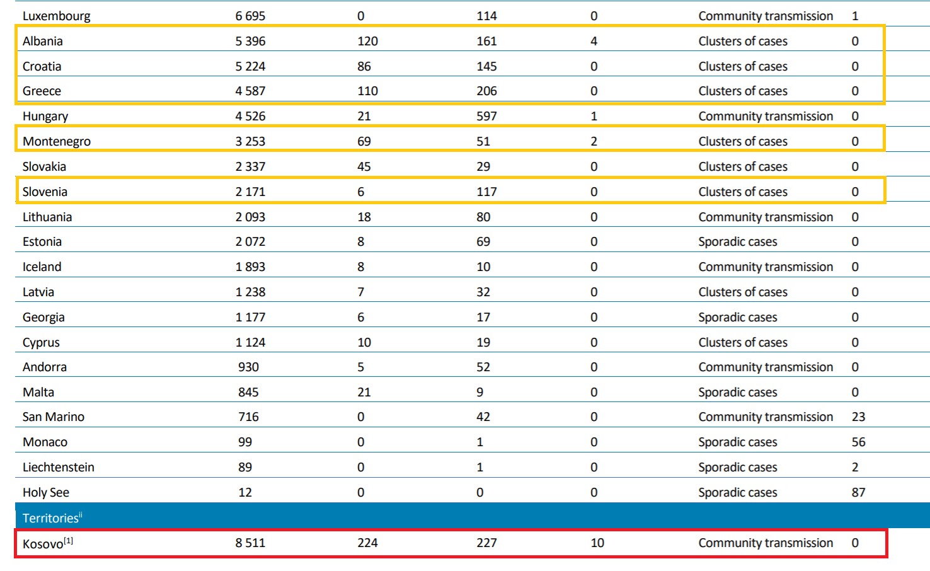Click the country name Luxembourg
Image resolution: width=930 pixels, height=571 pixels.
coord(56,16)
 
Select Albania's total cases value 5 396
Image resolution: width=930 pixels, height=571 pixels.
coord(250,42)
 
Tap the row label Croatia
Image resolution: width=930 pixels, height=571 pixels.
coord(42,67)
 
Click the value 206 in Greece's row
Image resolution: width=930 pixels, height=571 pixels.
coord(486,91)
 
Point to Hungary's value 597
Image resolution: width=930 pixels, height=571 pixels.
coord(486,117)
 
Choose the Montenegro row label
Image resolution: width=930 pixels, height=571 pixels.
coord(57,142)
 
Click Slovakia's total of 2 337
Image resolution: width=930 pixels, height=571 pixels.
coord(250,167)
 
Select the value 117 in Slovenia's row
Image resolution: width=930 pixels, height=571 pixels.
coord(486,192)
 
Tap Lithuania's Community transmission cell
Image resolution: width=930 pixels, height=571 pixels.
coord(766,217)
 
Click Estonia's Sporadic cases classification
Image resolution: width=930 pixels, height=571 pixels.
coord(738,242)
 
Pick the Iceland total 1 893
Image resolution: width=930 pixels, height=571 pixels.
coord(250,267)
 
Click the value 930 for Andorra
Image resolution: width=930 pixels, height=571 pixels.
coord(248,367)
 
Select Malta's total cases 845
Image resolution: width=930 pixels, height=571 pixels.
coord(248,393)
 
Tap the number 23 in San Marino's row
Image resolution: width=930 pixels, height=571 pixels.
coord(858,417)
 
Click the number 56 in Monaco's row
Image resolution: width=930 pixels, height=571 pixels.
coord(858,442)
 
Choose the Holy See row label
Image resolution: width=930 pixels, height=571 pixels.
coord(46,493)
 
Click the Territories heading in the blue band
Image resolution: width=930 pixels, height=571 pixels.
coord(50,518)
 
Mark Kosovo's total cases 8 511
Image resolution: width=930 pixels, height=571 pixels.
coord(250,543)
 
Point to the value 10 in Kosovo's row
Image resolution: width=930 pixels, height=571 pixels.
coord(597,543)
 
